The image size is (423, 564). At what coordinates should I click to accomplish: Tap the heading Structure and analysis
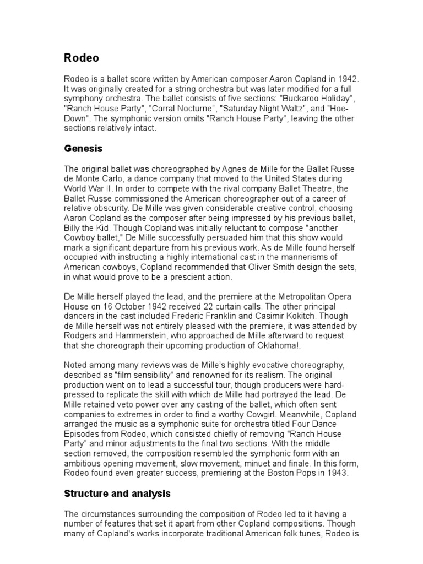click(117, 493)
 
